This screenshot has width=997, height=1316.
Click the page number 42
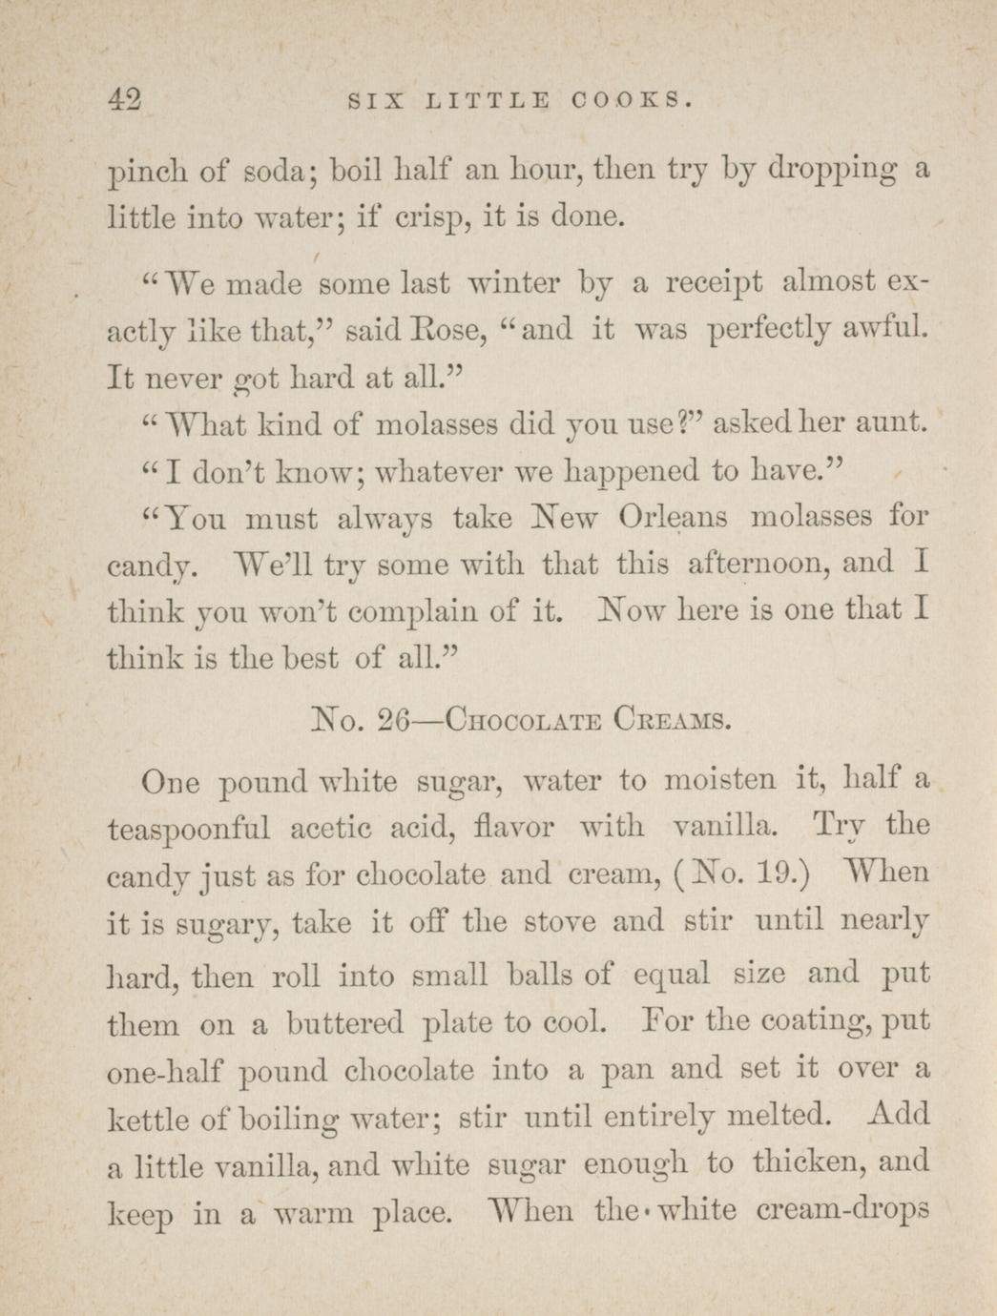pos(126,98)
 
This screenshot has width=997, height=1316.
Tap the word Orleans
pos(673,518)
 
